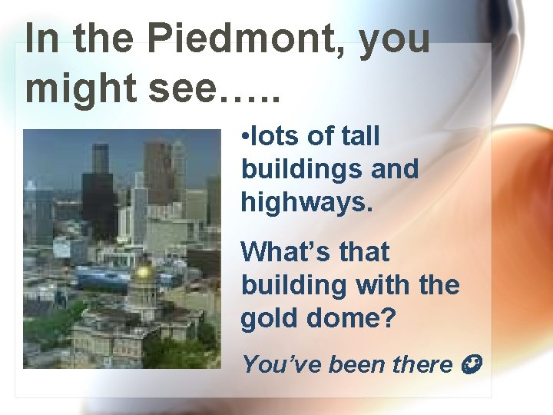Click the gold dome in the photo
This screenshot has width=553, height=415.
(x=143, y=271)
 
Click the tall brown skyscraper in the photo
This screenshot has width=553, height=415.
(x=158, y=173)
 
